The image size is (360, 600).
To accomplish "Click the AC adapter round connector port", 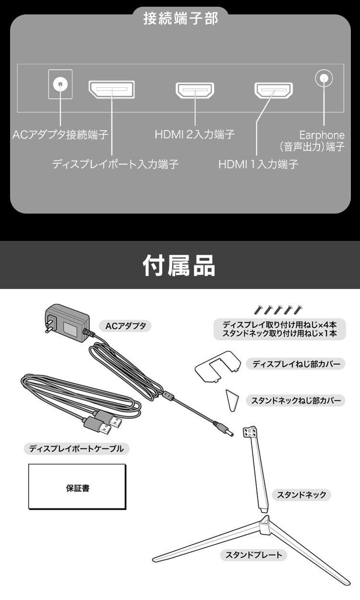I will point(60,85).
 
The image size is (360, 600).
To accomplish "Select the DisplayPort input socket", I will point(111,90).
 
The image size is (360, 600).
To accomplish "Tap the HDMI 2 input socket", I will point(195,90).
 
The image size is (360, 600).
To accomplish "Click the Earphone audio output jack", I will point(324,78).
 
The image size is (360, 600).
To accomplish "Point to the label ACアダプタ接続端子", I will point(60,134).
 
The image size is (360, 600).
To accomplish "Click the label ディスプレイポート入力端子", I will point(115,165).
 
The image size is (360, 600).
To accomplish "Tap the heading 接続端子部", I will point(180,19).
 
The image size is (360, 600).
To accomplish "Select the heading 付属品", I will point(180,265).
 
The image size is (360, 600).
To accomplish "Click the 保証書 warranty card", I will point(77,487).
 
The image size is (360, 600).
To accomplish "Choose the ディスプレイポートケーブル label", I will point(76,449).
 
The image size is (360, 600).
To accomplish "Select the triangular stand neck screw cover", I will point(232,399).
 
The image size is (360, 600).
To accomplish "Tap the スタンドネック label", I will point(301,494).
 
